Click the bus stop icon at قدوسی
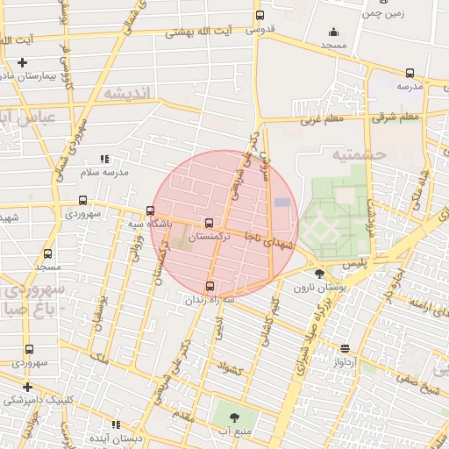pyautogui.click(x=259, y=16)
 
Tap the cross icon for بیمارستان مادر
pyautogui.click(x=22, y=62)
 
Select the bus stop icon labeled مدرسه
pyautogui.click(x=410, y=74)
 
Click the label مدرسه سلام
pyautogui.click(x=104, y=172)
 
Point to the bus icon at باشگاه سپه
pyautogui.click(x=151, y=211)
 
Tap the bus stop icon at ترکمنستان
pyautogui.click(x=209, y=224)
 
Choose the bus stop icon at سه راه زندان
pyautogui.click(x=209, y=286)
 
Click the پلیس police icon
pyautogui.click(x=319, y=261)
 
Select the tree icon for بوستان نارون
pyautogui.click(x=319, y=274)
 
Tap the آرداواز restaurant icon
pyautogui.click(x=344, y=348)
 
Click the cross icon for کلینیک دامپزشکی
pyautogui.click(x=28, y=387)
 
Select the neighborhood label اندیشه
pyautogui.click(x=127, y=92)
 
